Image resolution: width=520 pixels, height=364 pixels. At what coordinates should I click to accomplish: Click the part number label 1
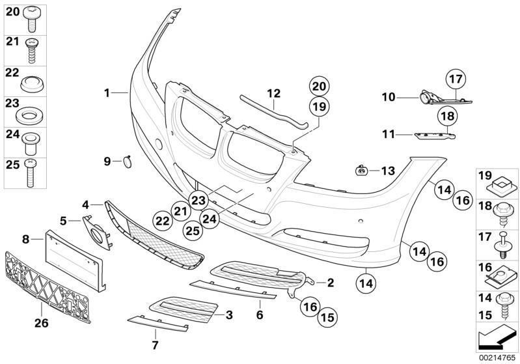pos(107,93)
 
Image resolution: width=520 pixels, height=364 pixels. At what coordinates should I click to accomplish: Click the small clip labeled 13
pos(361,171)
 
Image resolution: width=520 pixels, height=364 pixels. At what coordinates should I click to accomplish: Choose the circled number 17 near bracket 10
pos(456,80)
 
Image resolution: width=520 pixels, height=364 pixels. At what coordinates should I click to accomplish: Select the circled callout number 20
pos(319,86)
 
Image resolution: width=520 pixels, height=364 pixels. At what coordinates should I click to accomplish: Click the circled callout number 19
pos(319,106)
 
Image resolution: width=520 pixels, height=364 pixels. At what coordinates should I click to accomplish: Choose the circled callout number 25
pos(192,229)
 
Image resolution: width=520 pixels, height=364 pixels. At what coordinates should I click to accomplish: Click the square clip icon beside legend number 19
pos(502,183)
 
